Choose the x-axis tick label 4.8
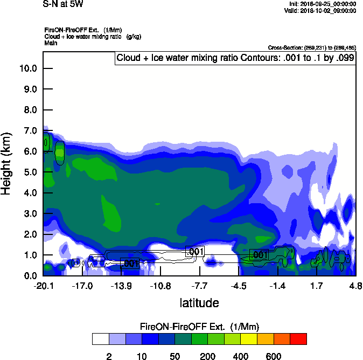coord(355,286)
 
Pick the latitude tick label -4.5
coord(239,286)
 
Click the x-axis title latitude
coord(199,303)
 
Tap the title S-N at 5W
coord(63,4)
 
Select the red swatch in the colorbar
coord(298,338)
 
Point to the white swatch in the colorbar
coord(100,338)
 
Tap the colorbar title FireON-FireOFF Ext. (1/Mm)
coord(199,327)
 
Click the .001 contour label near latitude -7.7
coord(195,251)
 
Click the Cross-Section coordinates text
coord(311,47)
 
